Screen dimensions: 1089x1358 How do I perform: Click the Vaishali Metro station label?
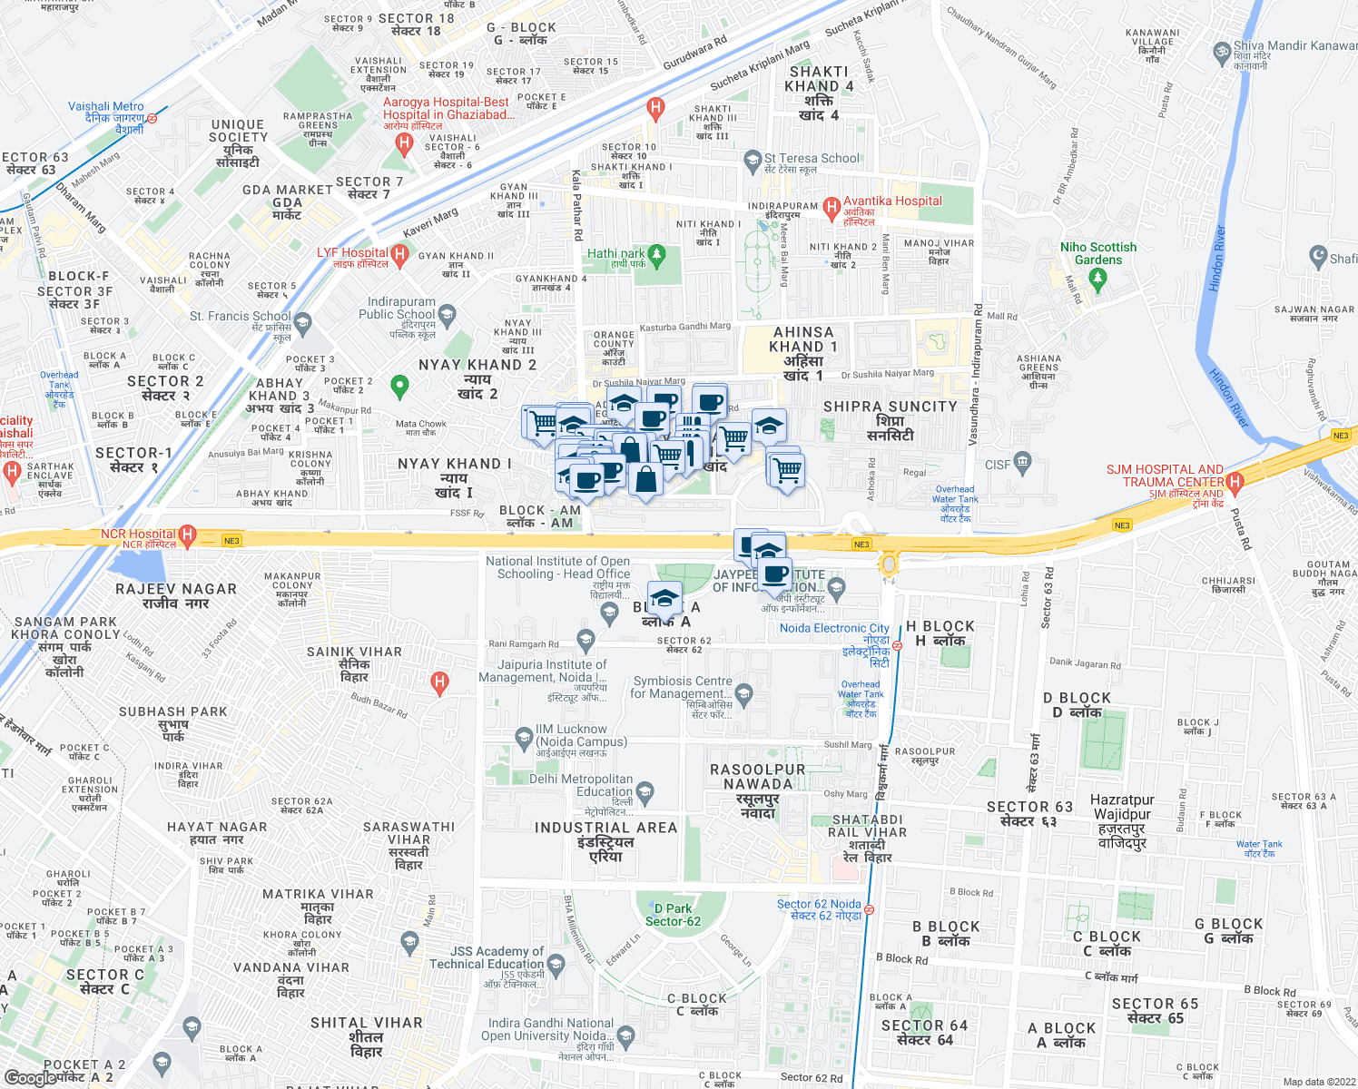pos(106,107)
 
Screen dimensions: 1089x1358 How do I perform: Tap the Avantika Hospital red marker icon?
pos(831,208)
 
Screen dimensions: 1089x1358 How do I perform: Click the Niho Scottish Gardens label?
pos(1098,253)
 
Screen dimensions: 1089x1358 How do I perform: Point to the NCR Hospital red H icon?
pos(187,535)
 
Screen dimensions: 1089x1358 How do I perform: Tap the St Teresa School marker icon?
pos(752,161)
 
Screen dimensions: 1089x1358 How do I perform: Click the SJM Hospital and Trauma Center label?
pos(1165,476)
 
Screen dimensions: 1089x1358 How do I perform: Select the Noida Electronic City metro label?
pos(834,628)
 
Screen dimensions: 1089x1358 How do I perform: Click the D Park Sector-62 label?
pos(673,915)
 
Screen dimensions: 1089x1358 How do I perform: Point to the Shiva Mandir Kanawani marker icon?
pos(1222,52)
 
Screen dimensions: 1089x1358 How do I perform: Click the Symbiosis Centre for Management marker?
pos(744,695)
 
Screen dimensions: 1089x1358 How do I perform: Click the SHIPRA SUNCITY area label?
pos(890,407)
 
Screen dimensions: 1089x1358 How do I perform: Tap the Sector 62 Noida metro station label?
pos(819,904)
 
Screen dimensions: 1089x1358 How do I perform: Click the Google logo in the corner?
pos(31,1078)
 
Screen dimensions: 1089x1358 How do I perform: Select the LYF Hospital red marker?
pos(399,254)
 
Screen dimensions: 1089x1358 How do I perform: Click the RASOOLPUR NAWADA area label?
pos(758,777)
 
